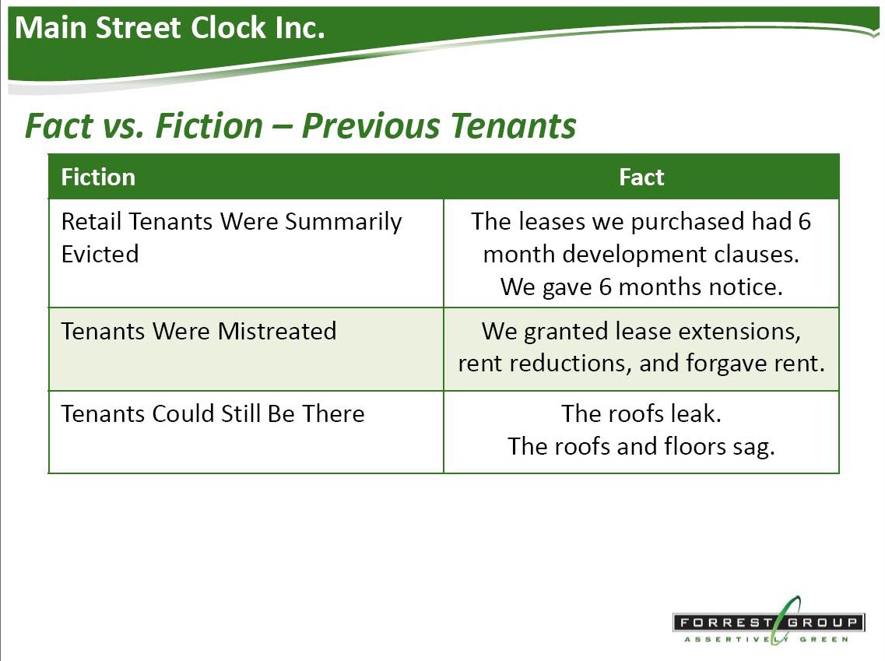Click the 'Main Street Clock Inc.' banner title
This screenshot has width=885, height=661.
click(170, 28)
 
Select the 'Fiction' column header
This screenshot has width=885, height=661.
click(98, 178)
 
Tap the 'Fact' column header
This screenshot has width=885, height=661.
click(641, 178)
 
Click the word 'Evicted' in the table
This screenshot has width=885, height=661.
click(100, 254)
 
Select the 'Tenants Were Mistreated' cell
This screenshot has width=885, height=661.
click(198, 332)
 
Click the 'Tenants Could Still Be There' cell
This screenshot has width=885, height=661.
click(212, 413)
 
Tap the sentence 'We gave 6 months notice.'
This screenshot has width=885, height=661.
click(641, 287)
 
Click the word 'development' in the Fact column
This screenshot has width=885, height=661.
click(634, 255)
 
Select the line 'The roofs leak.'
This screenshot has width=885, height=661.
click(641, 413)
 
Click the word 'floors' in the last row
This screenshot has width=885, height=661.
click(695, 446)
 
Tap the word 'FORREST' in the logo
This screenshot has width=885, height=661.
click(725, 623)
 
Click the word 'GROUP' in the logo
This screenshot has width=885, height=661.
click(823, 623)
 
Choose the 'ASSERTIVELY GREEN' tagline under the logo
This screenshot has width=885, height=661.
click(767, 639)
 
